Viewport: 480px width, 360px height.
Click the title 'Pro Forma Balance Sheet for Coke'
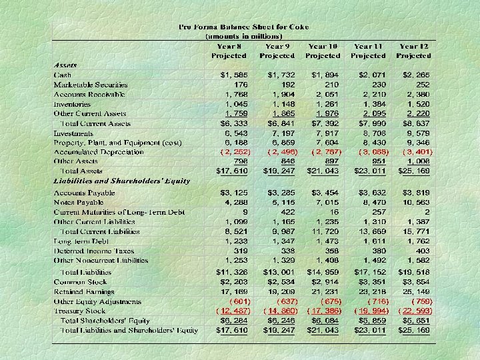click(244, 27)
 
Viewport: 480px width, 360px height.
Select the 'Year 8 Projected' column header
click(229, 51)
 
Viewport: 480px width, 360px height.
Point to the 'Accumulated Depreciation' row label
click(98, 152)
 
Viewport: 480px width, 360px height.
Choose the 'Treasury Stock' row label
click(79, 311)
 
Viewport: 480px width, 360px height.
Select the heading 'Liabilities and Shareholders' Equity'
click(121, 181)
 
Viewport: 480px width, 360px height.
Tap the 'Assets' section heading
click(65, 65)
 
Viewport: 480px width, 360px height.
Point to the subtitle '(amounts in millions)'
click(244, 35)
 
